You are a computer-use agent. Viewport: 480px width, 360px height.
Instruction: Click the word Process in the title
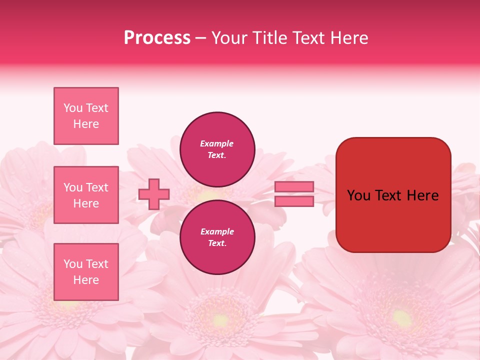(x=157, y=38)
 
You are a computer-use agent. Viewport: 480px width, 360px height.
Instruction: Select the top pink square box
(x=86, y=116)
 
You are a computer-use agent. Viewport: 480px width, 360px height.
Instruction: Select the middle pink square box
(x=86, y=195)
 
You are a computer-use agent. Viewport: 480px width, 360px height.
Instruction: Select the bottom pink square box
(x=86, y=272)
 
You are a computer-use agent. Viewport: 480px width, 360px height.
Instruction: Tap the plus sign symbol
(x=154, y=194)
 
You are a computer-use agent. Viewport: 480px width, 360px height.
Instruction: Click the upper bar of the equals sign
(x=294, y=187)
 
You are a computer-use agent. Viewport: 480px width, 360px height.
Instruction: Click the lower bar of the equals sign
(x=294, y=201)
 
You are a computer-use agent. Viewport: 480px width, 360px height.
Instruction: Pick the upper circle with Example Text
(x=217, y=149)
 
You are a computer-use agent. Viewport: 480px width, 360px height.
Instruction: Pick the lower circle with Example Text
(x=217, y=237)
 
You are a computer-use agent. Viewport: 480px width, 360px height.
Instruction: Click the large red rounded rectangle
(x=393, y=195)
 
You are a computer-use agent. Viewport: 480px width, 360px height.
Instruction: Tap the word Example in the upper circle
(x=217, y=144)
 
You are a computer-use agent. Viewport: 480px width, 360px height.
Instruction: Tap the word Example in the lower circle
(x=217, y=232)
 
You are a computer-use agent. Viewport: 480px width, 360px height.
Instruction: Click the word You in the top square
(x=73, y=108)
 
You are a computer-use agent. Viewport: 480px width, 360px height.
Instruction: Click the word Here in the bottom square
(x=86, y=280)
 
